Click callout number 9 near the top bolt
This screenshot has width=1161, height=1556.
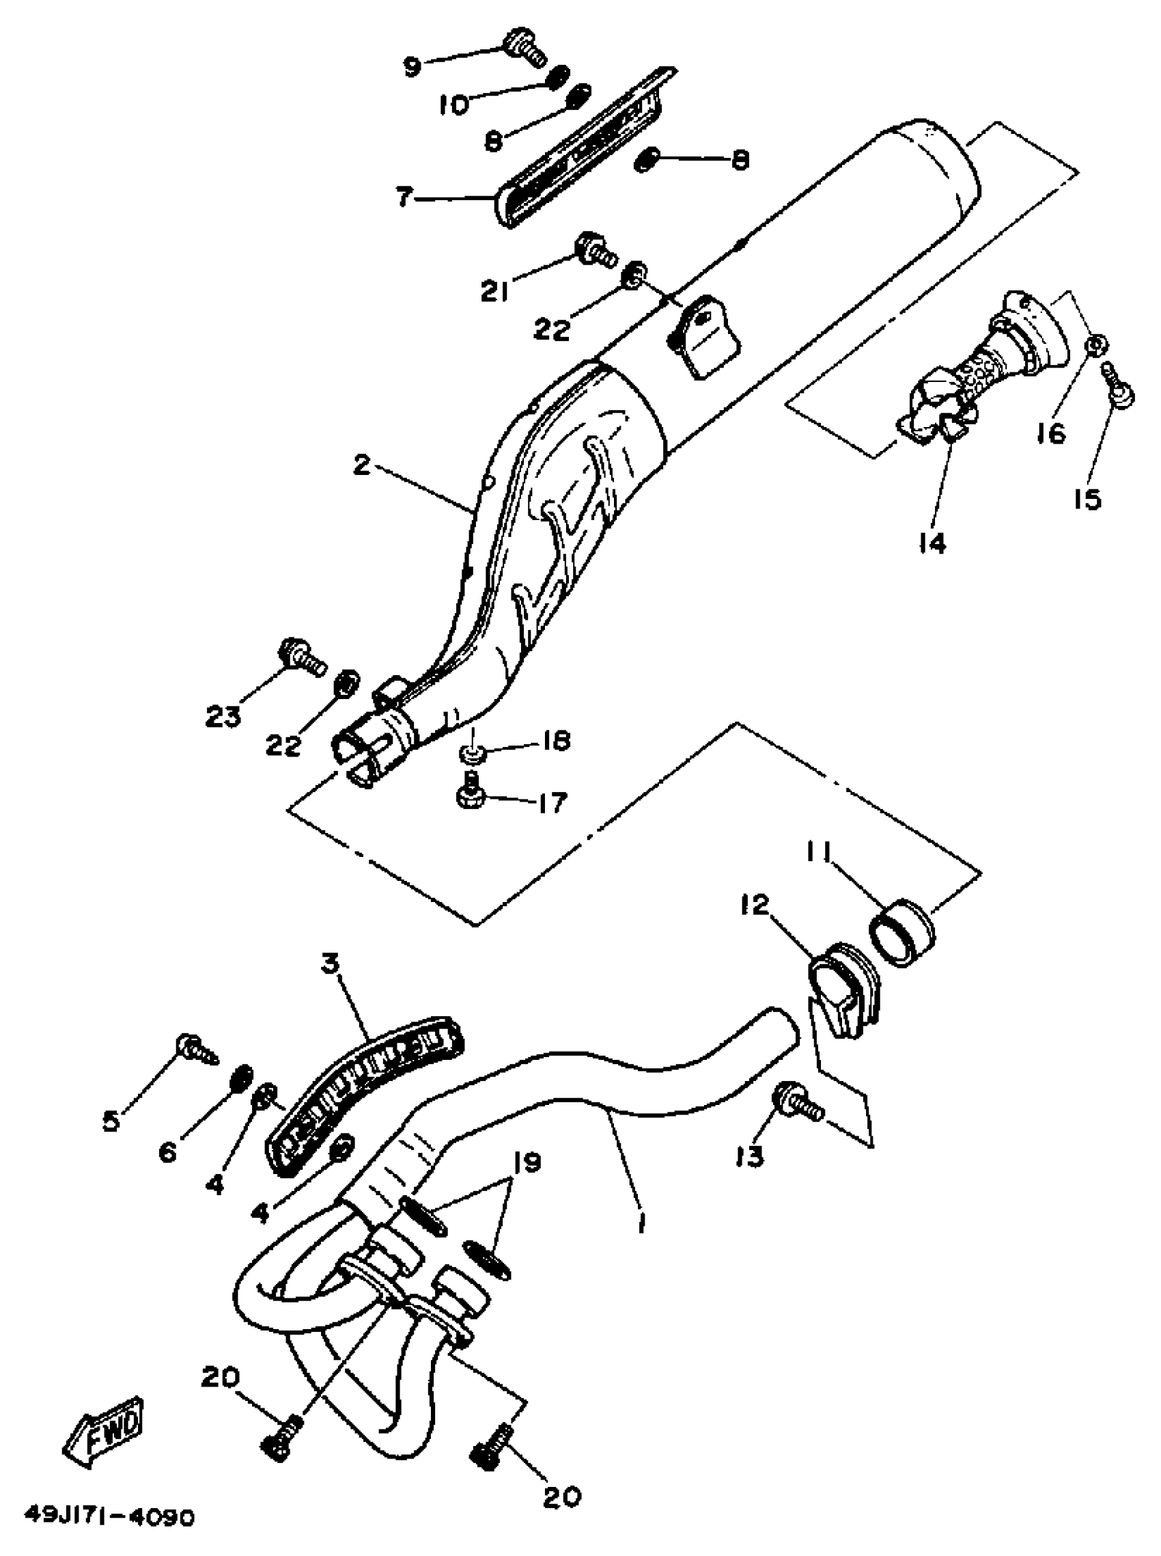tap(412, 67)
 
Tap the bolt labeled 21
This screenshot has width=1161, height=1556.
tap(595, 249)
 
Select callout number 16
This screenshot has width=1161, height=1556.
tap(1051, 435)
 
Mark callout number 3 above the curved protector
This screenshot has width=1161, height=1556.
tap(331, 962)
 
